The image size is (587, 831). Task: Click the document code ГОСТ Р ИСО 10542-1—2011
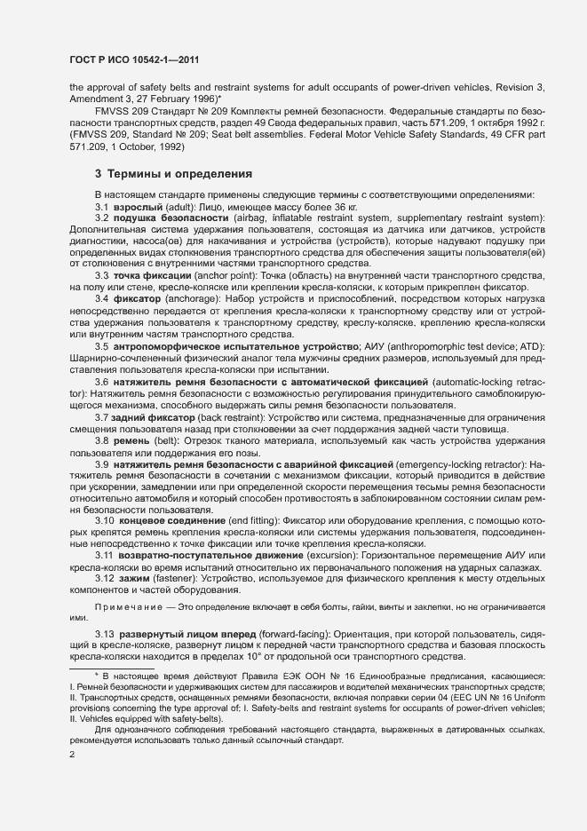132,60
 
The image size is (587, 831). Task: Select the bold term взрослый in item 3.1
133,207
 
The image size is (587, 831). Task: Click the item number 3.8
102,441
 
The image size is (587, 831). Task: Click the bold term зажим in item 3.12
131,580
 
